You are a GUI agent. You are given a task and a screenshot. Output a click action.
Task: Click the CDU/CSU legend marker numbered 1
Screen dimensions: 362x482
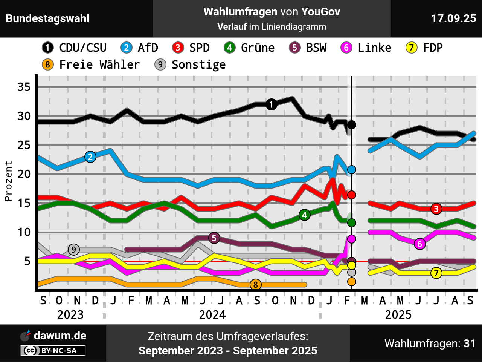point(48,48)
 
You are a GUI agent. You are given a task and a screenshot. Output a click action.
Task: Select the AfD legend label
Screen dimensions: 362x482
point(148,48)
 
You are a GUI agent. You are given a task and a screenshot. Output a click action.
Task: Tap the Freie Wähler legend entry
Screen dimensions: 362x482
point(99,65)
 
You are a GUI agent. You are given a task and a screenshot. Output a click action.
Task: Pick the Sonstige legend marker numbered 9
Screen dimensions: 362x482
point(160,65)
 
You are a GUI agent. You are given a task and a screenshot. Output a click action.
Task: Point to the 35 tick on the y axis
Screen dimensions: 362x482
point(24,87)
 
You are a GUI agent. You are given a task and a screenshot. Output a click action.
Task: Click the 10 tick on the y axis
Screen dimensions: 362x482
point(24,232)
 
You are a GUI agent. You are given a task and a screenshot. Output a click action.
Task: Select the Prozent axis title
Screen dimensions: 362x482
point(8,181)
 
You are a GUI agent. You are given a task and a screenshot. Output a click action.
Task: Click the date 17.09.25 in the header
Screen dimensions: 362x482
point(453,18)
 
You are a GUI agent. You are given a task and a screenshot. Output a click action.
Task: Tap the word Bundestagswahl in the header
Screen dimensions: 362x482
point(48,18)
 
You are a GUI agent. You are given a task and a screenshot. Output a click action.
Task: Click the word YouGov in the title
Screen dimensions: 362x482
point(320,12)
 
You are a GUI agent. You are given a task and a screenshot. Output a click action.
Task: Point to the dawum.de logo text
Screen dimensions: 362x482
point(60,336)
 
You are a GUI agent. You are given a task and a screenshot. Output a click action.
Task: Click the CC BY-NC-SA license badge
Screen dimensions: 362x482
point(53,351)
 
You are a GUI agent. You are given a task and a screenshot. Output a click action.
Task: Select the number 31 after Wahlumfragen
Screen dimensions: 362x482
point(469,344)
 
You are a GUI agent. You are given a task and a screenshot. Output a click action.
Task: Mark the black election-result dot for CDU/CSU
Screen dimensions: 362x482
point(352,125)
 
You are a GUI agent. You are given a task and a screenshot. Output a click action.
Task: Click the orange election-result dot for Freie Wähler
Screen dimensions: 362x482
point(352,281)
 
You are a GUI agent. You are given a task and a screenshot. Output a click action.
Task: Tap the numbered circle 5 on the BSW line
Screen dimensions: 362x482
point(214,238)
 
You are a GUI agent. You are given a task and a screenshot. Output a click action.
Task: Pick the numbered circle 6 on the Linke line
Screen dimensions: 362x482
point(420,244)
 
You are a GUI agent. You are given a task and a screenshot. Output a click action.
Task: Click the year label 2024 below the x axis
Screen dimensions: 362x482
point(212,314)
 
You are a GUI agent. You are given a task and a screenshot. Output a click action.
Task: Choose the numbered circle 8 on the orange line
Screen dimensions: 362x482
point(256,285)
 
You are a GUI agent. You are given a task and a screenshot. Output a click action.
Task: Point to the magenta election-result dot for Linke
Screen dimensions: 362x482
point(352,239)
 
